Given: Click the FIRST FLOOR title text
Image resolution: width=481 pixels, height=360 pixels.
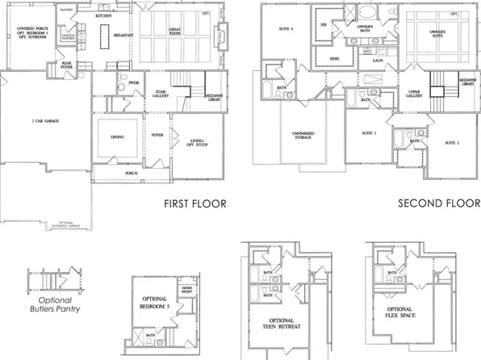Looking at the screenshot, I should (x=194, y=204).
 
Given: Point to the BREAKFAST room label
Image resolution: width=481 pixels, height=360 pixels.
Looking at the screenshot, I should (x=123, y=35).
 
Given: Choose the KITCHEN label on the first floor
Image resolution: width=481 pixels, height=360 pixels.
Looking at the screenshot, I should (x=103, y=16).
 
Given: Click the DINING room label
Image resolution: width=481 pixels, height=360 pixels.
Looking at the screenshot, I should (x=116, y=137).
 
